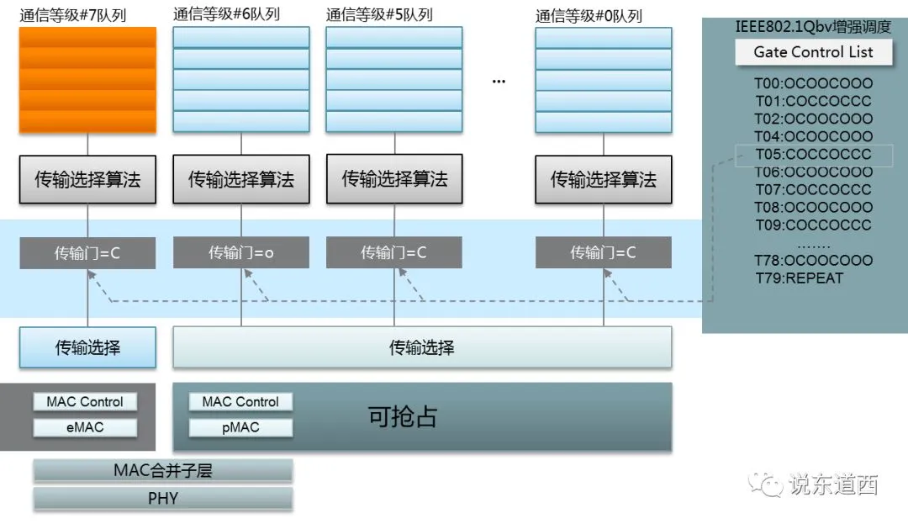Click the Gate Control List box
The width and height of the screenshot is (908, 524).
813,52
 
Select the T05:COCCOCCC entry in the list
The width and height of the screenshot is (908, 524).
813,154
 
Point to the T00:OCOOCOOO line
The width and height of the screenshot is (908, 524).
813,83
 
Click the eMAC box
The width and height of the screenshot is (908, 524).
85,427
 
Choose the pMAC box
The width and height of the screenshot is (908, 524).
240,427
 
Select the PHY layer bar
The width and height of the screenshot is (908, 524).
163,498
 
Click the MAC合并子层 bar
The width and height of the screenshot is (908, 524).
163,470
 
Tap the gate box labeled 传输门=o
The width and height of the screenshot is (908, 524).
241,252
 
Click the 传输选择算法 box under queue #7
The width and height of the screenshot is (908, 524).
87,179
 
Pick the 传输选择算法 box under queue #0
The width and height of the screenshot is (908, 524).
604,179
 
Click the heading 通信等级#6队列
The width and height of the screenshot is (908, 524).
226,14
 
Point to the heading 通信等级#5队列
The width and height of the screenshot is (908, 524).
379,14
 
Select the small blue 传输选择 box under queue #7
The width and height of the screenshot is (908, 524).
87,347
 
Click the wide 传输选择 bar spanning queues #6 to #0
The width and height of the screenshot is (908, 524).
422,347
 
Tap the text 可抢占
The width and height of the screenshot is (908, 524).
403,416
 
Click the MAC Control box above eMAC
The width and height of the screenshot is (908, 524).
85,402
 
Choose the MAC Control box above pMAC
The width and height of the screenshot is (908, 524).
240,402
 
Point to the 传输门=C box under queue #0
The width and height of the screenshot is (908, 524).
604,252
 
